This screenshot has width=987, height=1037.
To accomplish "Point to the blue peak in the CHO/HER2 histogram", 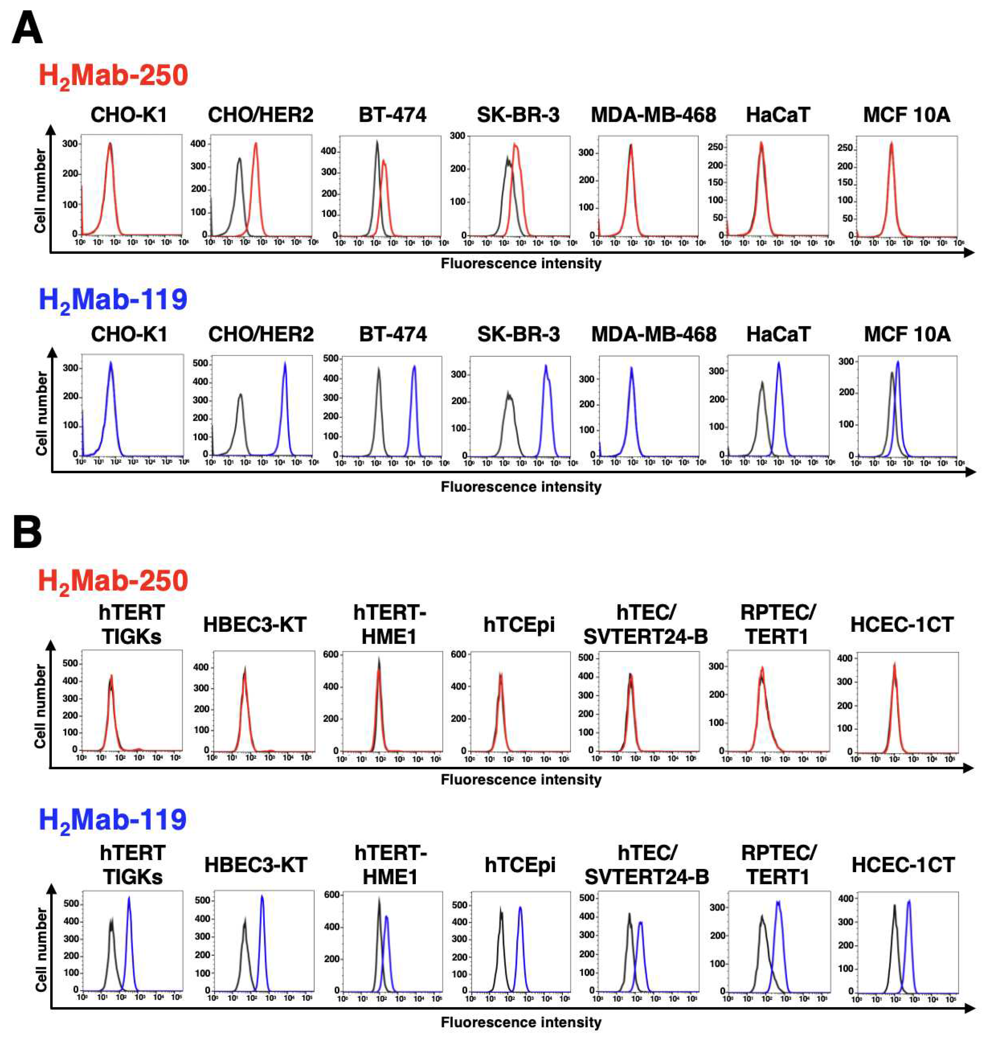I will (285, 363).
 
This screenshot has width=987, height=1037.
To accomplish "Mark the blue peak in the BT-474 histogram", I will (414, 367).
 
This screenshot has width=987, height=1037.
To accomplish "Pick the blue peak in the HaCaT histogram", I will (779, 363).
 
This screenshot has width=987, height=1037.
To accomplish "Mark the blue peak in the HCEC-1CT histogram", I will (909, 902).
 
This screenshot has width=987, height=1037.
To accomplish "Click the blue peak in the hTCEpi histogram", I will (520, 908).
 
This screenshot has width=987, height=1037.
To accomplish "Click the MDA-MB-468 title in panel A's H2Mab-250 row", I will (653, 115).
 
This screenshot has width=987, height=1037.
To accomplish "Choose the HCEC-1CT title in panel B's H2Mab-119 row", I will (903, 865).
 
